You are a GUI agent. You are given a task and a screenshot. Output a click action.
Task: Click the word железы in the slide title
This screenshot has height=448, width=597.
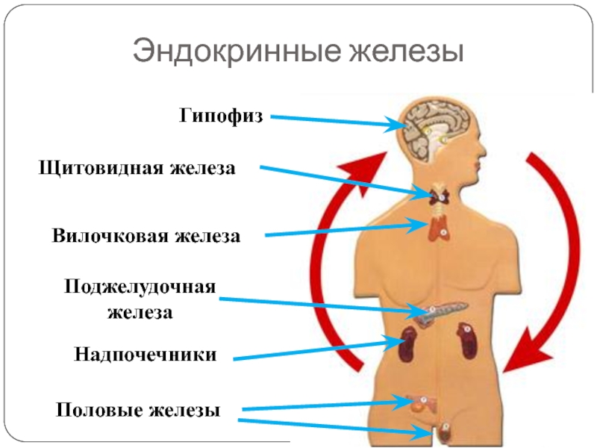pos(404,53)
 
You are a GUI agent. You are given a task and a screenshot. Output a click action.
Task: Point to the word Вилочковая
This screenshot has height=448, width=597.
pos(110,237)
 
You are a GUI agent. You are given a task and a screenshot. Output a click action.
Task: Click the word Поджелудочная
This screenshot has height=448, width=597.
pos(140,287)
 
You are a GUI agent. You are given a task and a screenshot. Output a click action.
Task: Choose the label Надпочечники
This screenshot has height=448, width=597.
pos(146,355)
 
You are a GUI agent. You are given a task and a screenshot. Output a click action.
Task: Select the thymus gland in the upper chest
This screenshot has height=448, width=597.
pos(439,228)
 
